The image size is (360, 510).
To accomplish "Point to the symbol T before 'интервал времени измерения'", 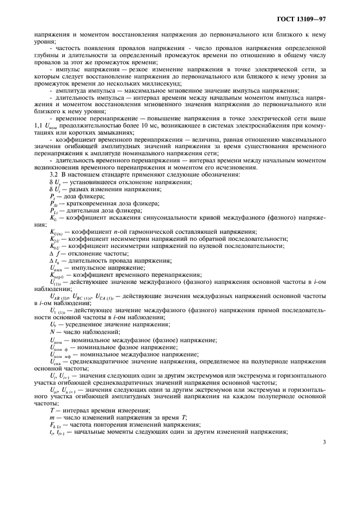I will (52, 410).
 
